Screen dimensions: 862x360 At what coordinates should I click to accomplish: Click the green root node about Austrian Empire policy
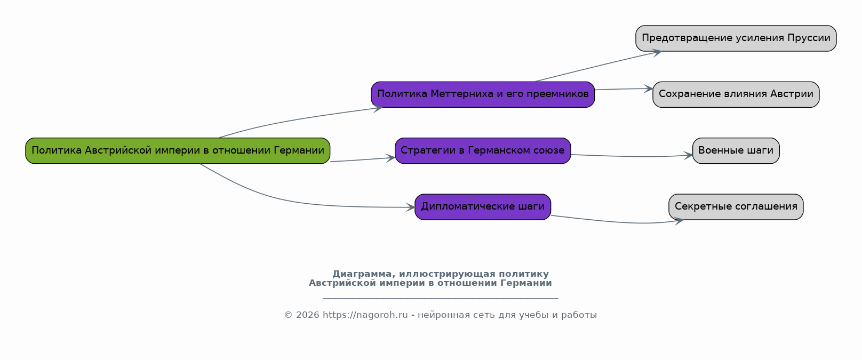(178, 151)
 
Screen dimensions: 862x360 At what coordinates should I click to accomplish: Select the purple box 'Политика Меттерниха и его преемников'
(483, 94)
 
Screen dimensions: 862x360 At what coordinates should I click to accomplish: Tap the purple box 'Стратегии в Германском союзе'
(483, 151)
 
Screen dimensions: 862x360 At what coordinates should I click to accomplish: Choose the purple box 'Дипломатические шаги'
(483, 207)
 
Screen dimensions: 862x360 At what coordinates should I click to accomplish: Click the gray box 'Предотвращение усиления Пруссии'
(736, 38)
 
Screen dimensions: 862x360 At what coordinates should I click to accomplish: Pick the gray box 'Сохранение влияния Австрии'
(736, 94)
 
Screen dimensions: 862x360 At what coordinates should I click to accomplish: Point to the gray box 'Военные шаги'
(736, 151)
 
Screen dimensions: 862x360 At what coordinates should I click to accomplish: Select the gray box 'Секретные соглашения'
(736, 207)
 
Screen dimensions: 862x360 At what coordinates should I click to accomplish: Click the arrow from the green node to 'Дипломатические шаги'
(292, 202)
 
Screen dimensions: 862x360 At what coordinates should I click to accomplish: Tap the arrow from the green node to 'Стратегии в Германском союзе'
(363, 159)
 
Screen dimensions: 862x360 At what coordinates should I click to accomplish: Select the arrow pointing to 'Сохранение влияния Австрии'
(624, 89)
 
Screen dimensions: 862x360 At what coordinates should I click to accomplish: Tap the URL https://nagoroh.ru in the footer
(365, 315)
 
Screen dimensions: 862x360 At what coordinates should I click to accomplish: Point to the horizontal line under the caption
(441, 298)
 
